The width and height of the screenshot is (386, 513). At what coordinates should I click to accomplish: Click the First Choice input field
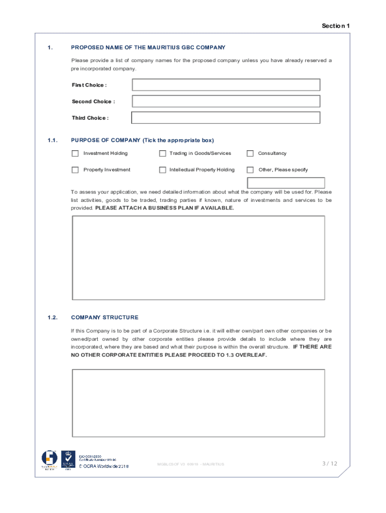(226, 85)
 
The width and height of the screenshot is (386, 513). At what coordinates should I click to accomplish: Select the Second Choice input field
(226, 101)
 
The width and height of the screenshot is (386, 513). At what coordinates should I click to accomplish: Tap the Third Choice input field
(226, 118)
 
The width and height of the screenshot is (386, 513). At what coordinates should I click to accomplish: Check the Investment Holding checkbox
(75, 153)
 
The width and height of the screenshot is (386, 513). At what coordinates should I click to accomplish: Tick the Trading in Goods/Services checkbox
(162, 153)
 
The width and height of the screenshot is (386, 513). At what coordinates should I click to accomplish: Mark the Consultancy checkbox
(250, 153)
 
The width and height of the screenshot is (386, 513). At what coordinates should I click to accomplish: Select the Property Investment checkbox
(75, 170)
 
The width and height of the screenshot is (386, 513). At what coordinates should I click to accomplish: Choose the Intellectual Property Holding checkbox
(162, 170)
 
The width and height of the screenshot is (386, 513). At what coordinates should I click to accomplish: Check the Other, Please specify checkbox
(250, 170)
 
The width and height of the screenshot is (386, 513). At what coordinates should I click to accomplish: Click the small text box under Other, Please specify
(286, 183)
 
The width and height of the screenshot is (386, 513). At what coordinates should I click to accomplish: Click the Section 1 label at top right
(335, 26)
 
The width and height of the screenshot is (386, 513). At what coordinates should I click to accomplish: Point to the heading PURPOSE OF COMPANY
(106, 140)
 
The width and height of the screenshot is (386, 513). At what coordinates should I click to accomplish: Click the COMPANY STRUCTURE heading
(105, 318)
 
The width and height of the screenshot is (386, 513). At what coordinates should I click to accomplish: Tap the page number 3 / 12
(329, 463)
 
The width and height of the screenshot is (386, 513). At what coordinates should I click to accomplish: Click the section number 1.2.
(53, 318)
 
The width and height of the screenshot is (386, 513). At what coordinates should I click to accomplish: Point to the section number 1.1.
(53, 140)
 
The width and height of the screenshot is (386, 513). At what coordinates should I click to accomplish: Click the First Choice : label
(89, 85)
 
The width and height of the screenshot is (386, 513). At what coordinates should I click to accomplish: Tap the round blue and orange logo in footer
(50, 458)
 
